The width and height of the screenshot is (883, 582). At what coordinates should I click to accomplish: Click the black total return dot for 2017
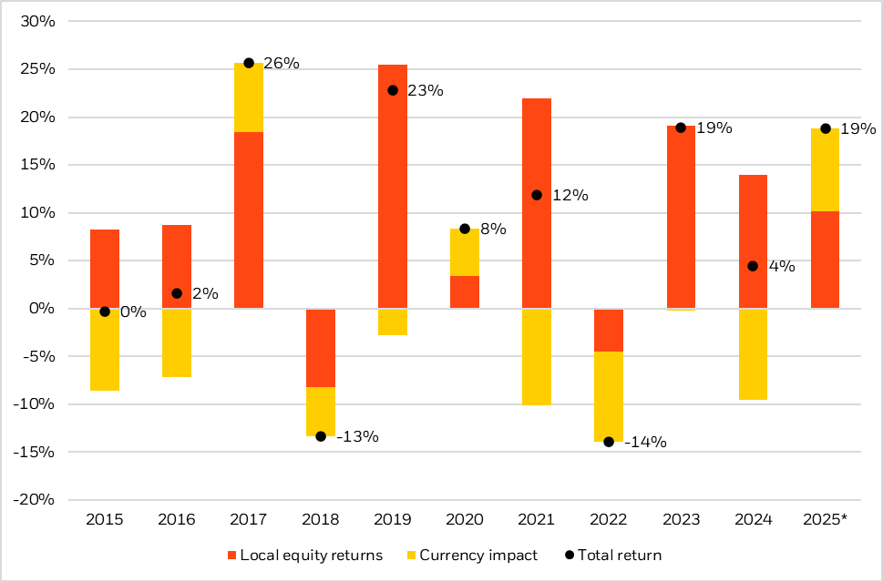point(249,63)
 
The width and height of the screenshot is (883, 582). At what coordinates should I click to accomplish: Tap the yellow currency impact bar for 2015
point(105,350)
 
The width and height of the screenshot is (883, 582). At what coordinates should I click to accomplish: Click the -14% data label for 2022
point(646,443)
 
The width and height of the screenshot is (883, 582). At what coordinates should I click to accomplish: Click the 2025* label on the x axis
point(825,519)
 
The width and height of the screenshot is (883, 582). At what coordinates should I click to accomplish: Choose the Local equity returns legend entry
point(305,555)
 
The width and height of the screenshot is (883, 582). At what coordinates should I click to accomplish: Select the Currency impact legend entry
point(472,555)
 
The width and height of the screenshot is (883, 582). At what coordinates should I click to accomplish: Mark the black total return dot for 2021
point(537,195)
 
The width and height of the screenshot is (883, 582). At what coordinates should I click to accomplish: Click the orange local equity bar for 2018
point(321,348)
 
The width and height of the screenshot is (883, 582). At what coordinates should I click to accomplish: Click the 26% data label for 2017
point(282,64)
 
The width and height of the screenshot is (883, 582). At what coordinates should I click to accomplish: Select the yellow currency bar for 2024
point(753,354)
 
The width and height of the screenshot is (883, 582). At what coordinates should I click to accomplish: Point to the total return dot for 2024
point(753,266)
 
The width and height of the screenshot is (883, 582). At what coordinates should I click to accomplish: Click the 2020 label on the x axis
point(465,519)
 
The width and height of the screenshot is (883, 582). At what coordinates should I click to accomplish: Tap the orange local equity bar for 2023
point(681,219)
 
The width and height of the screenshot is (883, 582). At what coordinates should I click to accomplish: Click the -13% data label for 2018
point(357,436)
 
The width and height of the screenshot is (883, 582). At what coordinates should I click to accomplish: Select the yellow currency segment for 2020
point(465,252)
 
